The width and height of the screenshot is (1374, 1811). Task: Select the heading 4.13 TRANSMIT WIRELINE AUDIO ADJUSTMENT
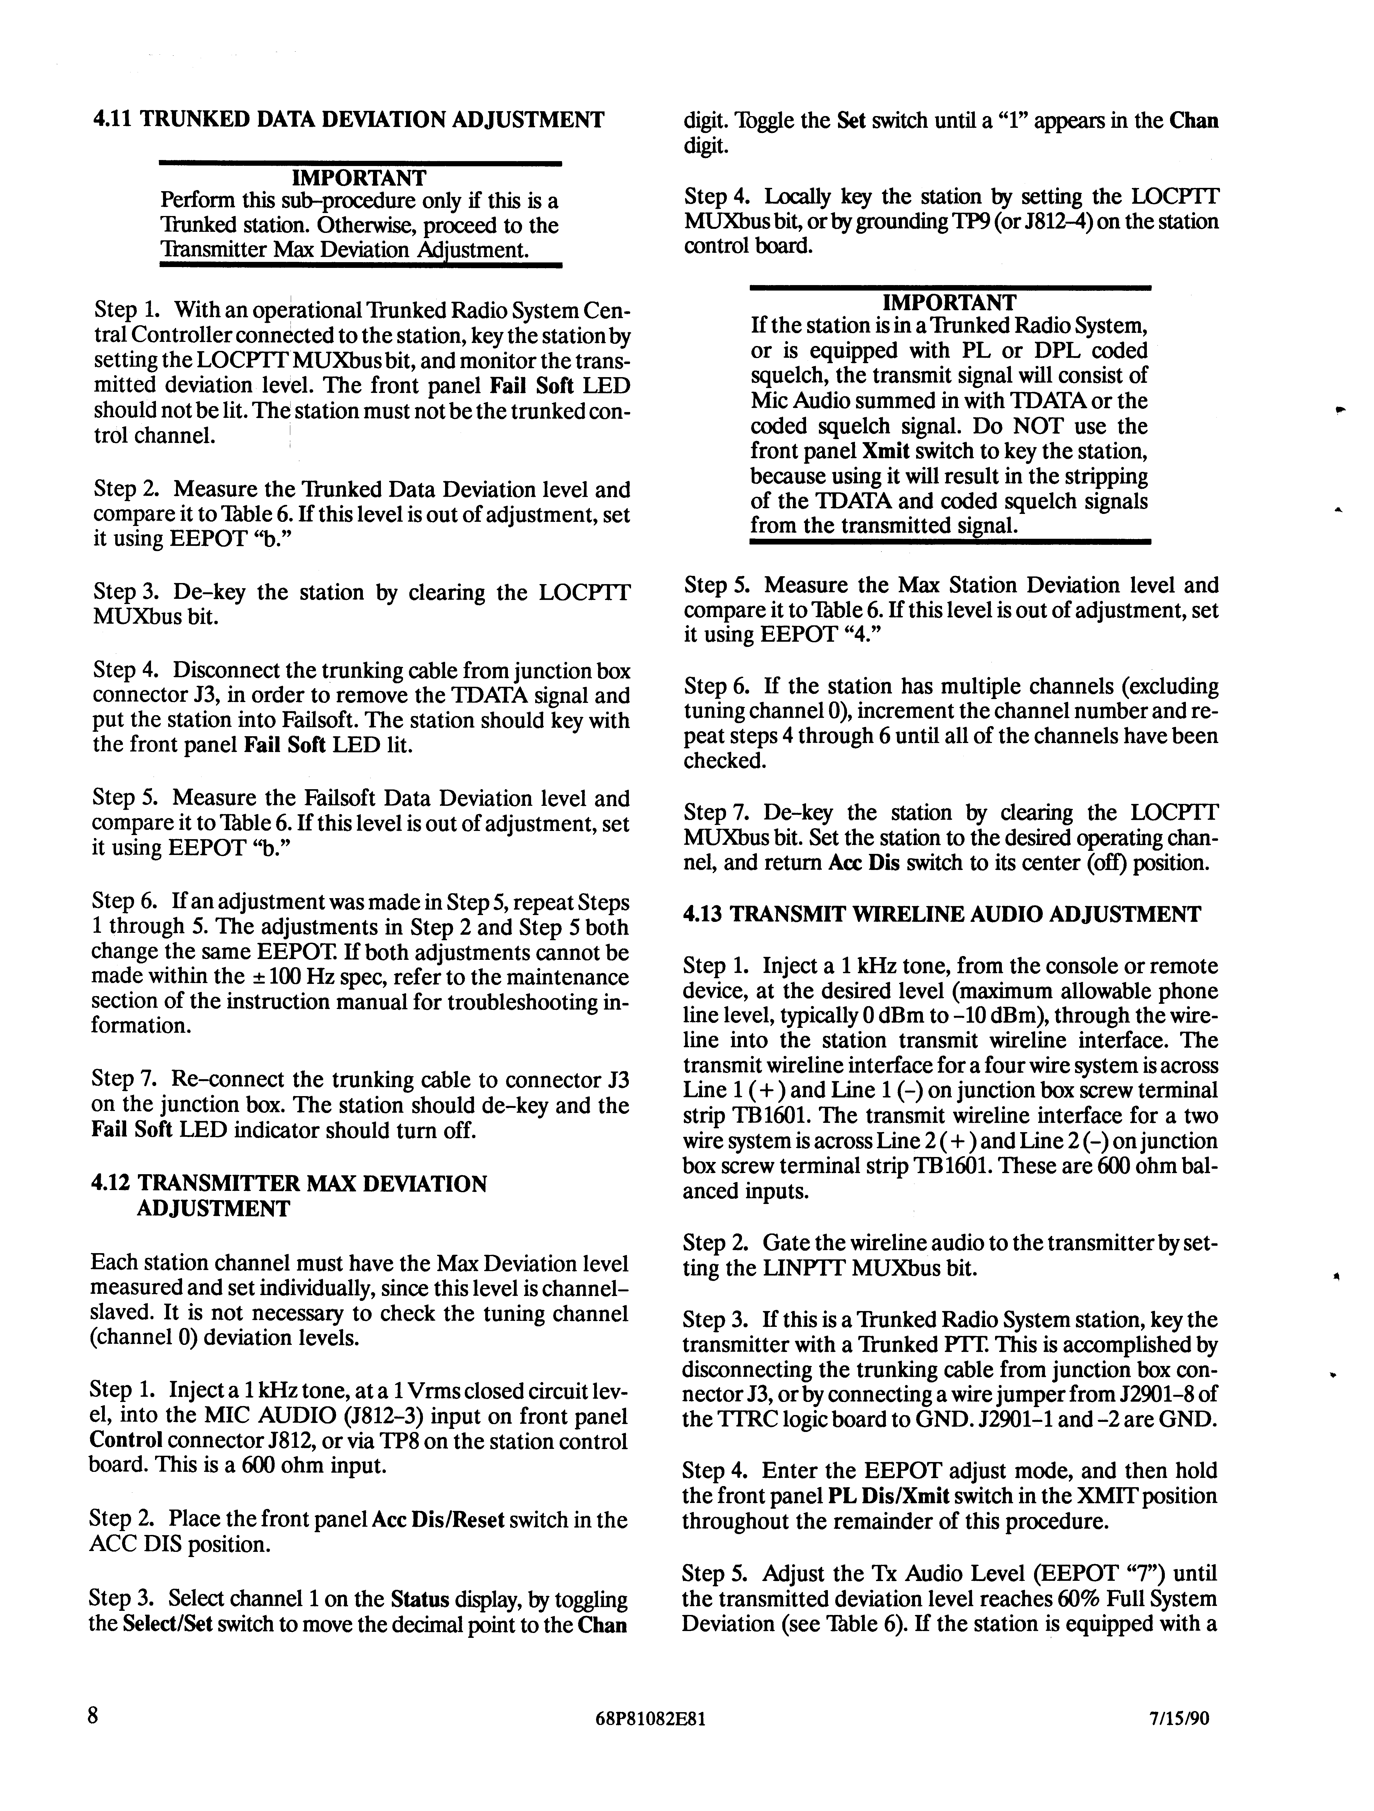(x=942, y=915)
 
